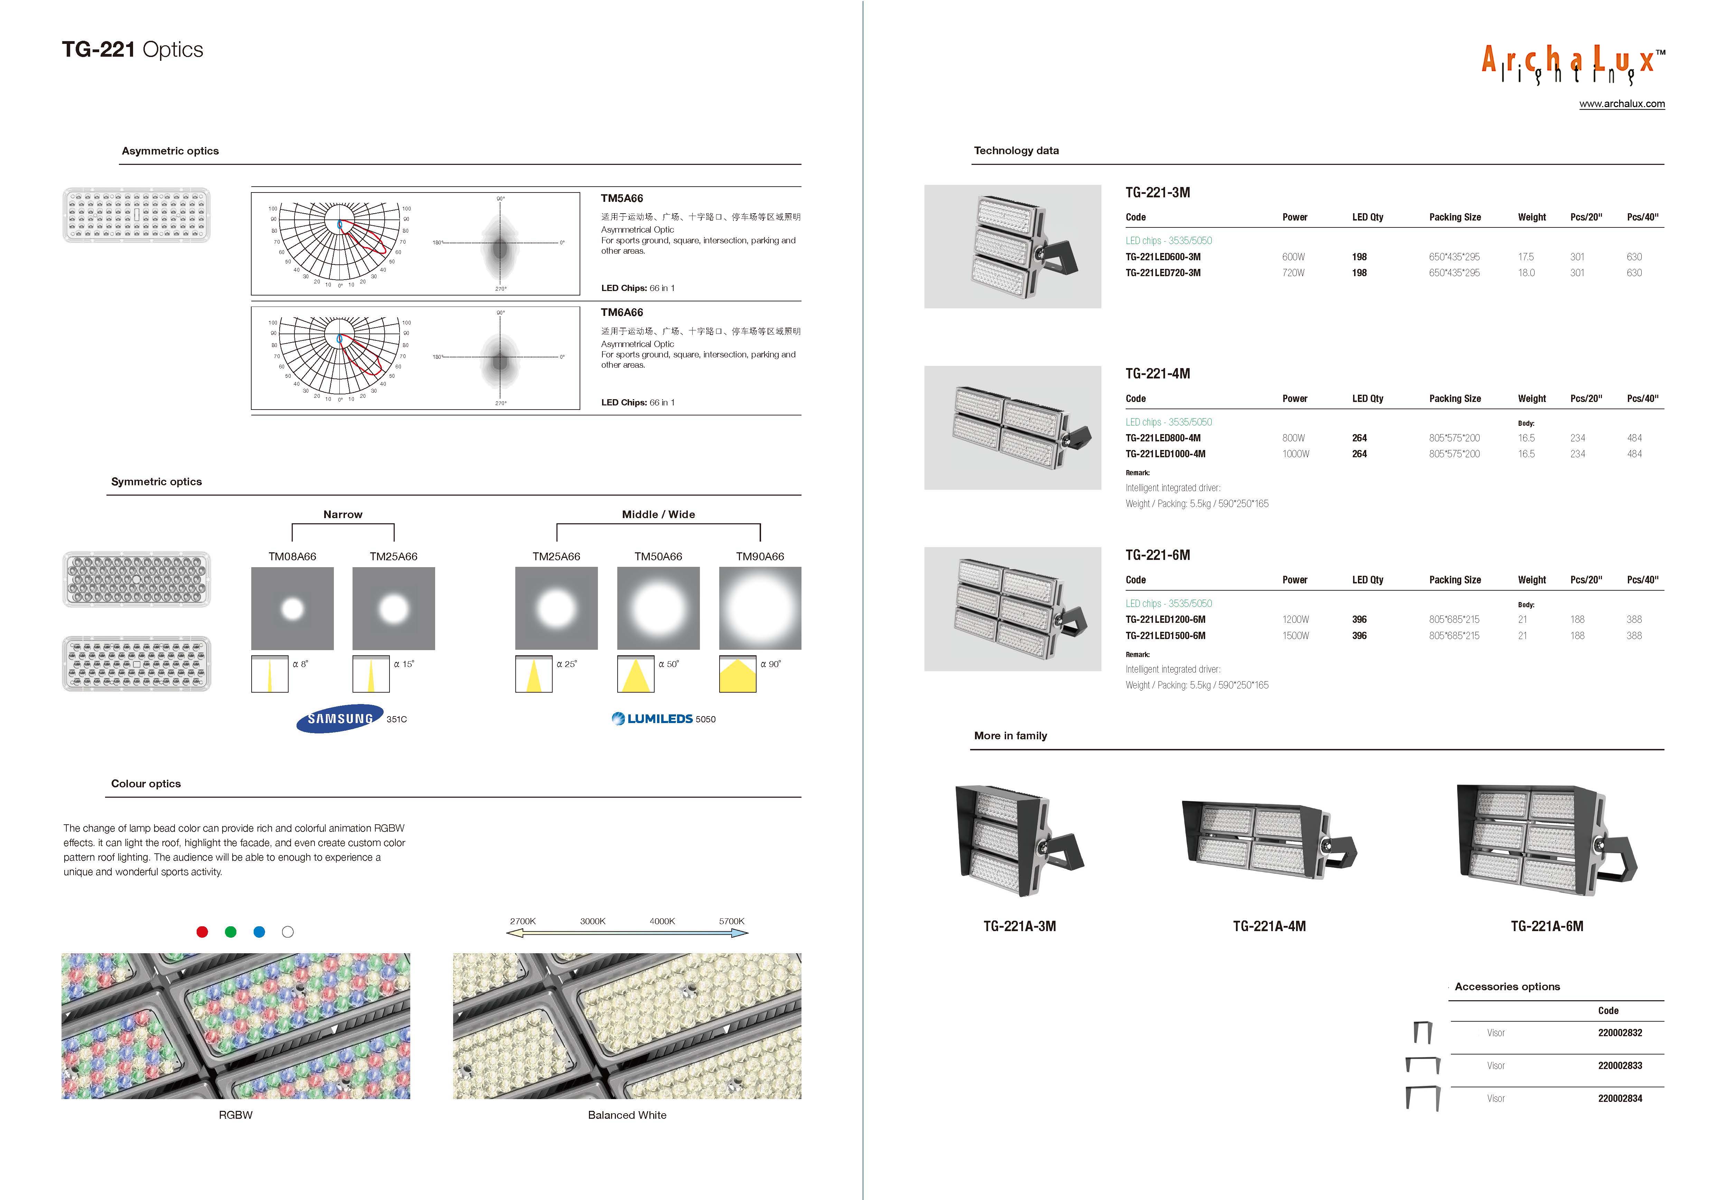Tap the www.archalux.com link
click(1622, 104)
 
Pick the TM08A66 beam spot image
click(292, 608)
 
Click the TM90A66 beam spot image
click(760, 608)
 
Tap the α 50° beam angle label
click(668, 664)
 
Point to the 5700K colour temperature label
click(731, 921)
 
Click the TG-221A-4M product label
click(1269, 926)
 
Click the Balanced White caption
click(627, 1115)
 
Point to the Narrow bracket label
click(343, 514)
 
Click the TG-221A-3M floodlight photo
click(1019, 841)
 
